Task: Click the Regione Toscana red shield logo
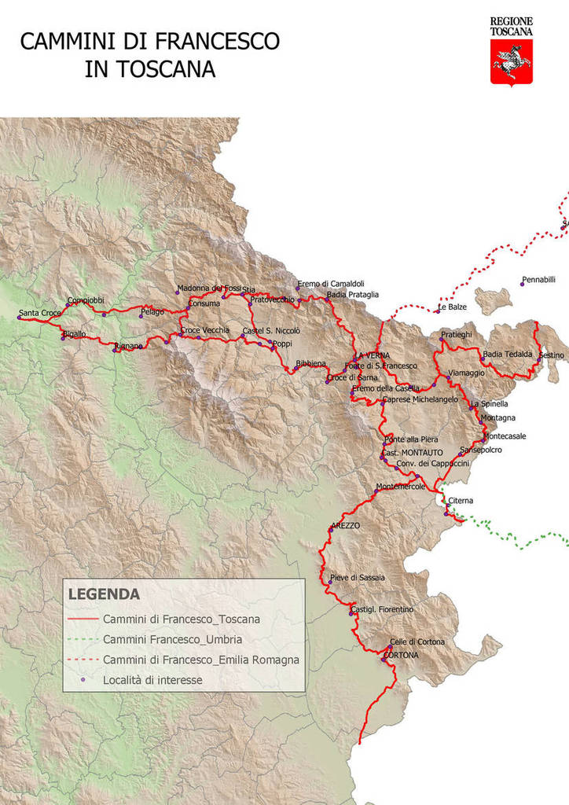click(512, 62)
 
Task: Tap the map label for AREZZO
click(346, 525)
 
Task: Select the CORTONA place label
click(401, 655)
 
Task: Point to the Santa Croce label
click(40, 313)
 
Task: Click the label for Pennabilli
click(538, 279)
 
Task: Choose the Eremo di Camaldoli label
click(330, 284)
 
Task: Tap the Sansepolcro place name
click(481, 450)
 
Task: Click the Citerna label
click(461, 501)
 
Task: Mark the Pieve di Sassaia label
click(358, 577)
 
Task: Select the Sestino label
click(552, 355)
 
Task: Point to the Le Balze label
click(453, 307)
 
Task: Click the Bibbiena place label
click(310, 364)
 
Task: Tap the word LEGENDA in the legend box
click(104, 594)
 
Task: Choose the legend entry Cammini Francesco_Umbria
click(172, 639)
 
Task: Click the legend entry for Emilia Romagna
click(200, 660)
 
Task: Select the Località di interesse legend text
click(152, 680)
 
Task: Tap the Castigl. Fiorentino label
click(382, 609)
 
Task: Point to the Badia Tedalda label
click(508, 354)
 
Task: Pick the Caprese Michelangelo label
click(420, 399)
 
